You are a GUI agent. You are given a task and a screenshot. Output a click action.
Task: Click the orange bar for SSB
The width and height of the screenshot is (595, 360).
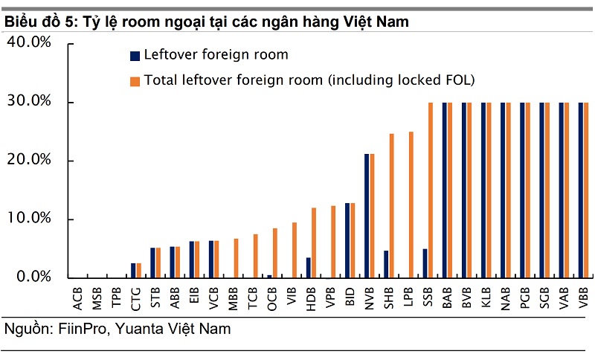(x=431, y=190)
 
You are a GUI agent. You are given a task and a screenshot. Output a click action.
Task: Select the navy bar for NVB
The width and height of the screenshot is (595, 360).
(x=367, y=216)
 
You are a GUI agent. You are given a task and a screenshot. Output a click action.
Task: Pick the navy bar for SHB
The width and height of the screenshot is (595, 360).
(x=386, y=264)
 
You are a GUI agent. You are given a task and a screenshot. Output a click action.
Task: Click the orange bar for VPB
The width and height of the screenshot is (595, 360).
(x=333, y=242)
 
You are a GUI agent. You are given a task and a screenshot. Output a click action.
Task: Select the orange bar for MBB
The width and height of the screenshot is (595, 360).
(x=237, y=258)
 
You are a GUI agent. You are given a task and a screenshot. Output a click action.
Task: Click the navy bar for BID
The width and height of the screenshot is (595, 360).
(x=347, y=240)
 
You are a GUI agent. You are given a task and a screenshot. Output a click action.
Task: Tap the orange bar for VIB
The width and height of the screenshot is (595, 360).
(x=295, y=250)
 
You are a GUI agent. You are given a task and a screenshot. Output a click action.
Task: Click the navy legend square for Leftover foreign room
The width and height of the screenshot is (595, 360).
(x=135, y=55)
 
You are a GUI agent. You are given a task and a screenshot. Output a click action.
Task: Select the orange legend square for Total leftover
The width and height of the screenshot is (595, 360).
(x=135, y=80)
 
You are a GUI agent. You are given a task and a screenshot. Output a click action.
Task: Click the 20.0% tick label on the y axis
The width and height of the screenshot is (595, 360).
(x=29, y=161)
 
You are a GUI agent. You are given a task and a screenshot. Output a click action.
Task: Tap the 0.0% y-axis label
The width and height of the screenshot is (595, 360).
(x=33, y=277)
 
